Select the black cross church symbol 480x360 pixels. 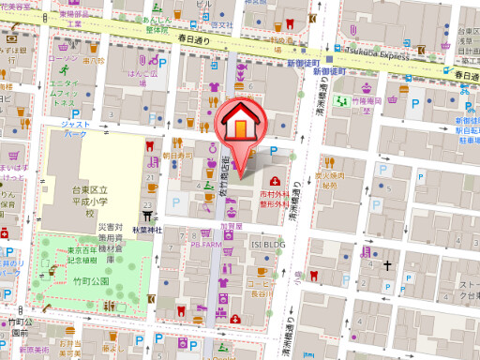point(386,265)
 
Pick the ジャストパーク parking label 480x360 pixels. point(74,127)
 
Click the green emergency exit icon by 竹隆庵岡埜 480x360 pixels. point(344,100)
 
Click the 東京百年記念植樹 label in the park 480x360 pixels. point(88,255)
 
